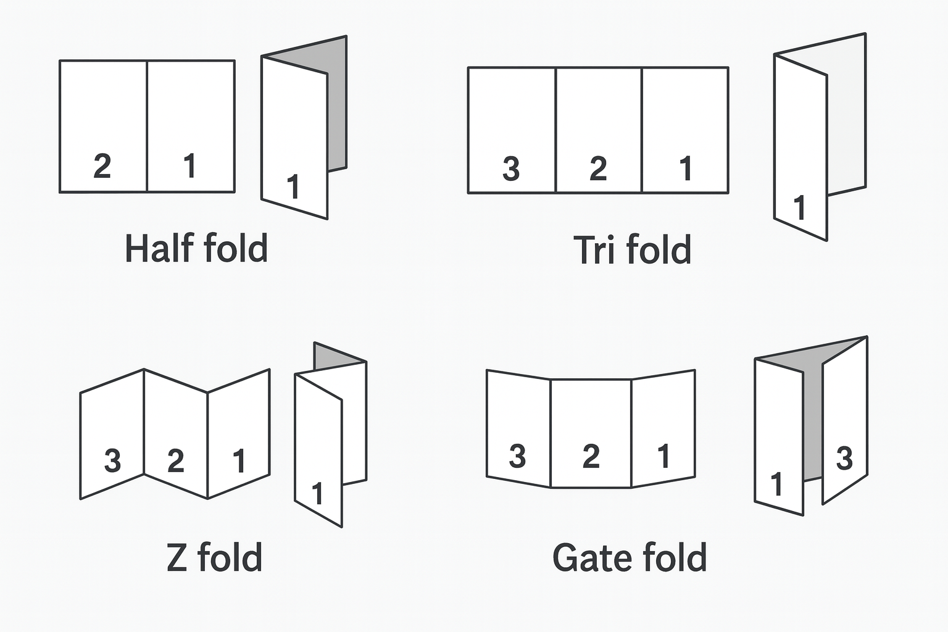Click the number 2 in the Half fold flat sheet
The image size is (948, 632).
102,166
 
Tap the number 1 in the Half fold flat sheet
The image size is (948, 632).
190,166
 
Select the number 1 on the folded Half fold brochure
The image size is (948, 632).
293,186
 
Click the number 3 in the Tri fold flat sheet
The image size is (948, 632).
511,168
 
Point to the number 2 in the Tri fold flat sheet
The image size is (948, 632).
598,168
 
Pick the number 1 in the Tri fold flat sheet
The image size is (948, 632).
685,168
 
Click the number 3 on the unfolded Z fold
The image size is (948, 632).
112,460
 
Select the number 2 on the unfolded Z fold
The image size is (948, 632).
176,460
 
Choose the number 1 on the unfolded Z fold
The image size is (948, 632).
239,460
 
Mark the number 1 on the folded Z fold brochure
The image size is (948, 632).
318,494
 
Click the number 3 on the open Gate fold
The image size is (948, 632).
517,456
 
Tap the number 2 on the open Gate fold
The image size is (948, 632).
591,456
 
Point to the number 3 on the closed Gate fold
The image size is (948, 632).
844,459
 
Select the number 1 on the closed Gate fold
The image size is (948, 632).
777,484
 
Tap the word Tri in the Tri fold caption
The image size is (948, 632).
595,250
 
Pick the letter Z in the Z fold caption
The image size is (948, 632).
177,557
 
